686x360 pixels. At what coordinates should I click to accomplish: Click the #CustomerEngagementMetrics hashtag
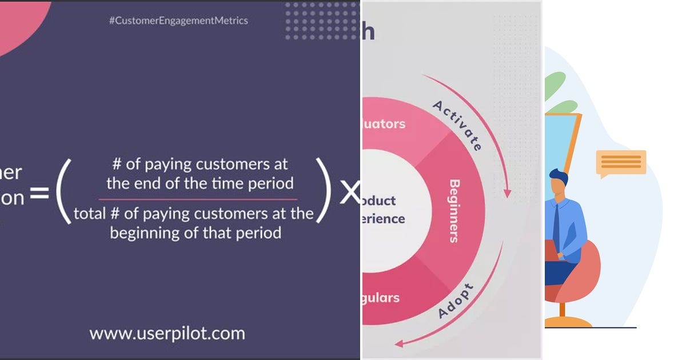(178, 21)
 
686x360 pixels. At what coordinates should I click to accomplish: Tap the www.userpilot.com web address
(167, 333)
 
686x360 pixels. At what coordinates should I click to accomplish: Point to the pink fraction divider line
(197, 199)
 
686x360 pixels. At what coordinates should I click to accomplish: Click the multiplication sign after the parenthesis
(349, 195)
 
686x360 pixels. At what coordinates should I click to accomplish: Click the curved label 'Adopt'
(456, 301)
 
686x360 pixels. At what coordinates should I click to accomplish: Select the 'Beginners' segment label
(455, 211)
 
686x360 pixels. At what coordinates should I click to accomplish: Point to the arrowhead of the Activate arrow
(506, 194)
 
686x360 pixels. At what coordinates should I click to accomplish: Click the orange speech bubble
(621, 163)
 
